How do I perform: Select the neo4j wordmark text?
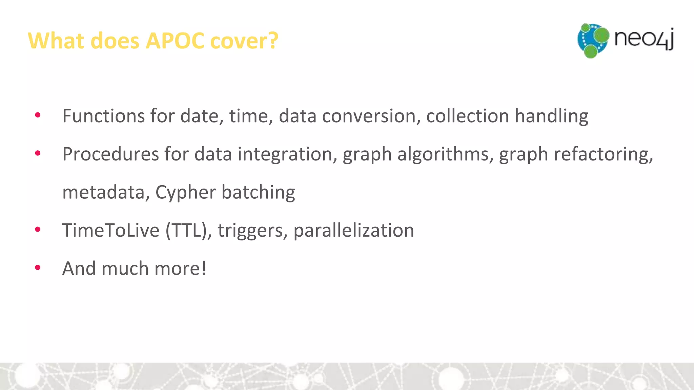click(644, 38)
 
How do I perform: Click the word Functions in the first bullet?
click(104, 116)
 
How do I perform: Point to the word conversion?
click(369, 116)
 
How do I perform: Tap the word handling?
click(551, 116)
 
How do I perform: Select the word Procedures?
click(110, 154)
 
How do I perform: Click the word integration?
click(285, 154)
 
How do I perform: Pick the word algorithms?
click(443, 154)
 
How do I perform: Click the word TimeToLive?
click(111, 231)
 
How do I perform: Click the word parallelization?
click(353, 231)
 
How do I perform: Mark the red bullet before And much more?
click(38, 268)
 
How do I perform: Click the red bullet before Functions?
click(38, 115)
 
